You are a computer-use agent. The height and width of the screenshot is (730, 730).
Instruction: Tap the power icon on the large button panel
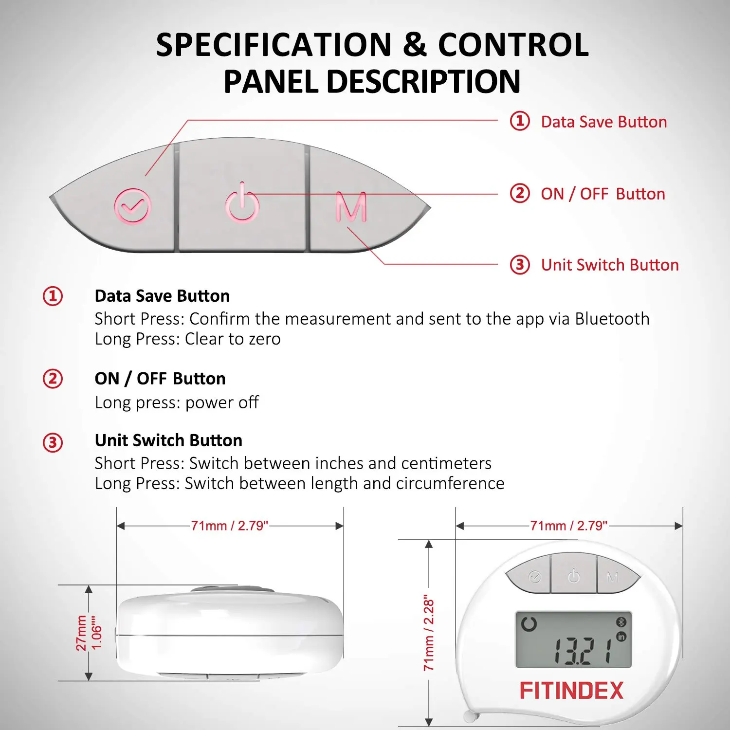pyautogui.click(x=242, y=203)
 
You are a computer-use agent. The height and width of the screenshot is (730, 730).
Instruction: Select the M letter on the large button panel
pyautogui.click(x=351, y=207)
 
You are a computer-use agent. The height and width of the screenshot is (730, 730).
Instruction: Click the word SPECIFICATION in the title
pyautogui.click(x=274, y=45)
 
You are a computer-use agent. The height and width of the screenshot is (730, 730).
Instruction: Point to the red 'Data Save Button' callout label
pyautogui.click(x=604, y=122)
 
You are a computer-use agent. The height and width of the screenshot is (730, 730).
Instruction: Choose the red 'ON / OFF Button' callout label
pyautogui.click(x=603, y=194)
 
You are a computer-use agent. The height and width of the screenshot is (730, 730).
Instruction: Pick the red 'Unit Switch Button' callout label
pyautogui.click(x=610, y=265)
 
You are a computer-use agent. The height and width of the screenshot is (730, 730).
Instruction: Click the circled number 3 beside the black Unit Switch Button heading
pyautogui.click(x=53, y=443)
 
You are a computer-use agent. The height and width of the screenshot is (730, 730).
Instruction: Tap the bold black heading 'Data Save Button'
pyautogui.click(x=162, y=296)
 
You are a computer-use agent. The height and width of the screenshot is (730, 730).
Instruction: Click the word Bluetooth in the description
pyautogui.click(x=612, y=318)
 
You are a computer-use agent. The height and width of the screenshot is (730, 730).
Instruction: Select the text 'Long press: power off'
pyautogui.click(x=177, y=402)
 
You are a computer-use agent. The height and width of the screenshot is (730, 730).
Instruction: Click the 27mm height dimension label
pyautogui.click(x=81, y=633)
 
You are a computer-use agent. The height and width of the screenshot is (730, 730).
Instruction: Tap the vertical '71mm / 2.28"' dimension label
pyautogui.click(x=428, y=633)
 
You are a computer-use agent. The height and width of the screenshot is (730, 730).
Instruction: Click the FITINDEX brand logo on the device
pyautogui.click(x=571, y=691)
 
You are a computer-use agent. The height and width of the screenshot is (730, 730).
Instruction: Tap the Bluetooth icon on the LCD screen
pyautogui.click(x=621, y=622)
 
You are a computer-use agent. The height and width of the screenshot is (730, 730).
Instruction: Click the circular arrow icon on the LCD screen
pyautogui.click(x=529, y=623)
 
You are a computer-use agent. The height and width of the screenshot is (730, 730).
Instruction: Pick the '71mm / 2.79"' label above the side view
pyautogui.click(x=230, y=526)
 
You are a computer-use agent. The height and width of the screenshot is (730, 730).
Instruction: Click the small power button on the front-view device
pyautogui.click(x=574, y=576)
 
